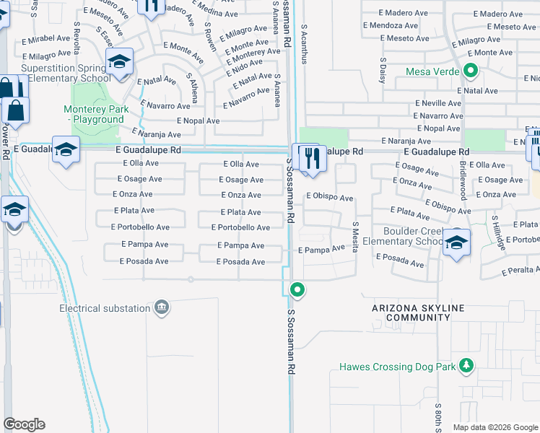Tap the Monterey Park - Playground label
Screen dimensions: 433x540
coord(95,114)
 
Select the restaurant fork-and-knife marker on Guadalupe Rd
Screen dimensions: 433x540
coord(312,158)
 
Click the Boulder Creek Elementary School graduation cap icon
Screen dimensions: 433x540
coord(456,242)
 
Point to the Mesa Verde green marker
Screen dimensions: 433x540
coord(471,71)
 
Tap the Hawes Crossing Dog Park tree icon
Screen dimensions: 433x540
coord(467,365)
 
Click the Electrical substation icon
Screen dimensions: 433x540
coord(162,308)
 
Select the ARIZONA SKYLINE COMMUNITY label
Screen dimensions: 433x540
coord(418,312)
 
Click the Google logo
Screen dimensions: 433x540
coord(24,424)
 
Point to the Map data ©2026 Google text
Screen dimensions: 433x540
coord(495,427)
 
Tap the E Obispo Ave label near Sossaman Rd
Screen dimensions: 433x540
coord(329,197)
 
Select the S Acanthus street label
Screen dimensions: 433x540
coord(304,44)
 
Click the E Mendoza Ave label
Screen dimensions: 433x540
coord(393,25)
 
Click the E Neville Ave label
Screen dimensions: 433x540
coord(438,103)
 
